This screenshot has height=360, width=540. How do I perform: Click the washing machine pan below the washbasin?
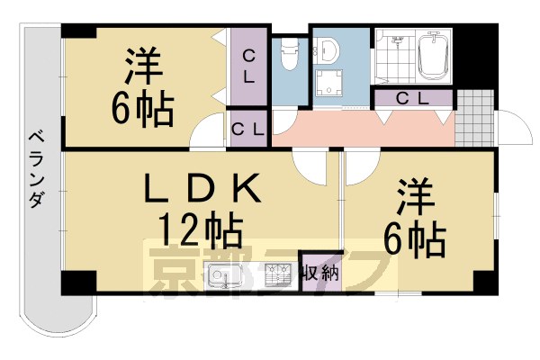tap(330, 84)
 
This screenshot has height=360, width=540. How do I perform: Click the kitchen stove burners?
tap(277, 274)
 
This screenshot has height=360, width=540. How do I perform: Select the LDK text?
tap(203, 189)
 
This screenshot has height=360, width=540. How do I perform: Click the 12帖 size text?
tap(202, 230)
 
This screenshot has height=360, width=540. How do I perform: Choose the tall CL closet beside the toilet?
tap(248, 67)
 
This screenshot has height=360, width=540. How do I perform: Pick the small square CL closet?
tap(247, 129)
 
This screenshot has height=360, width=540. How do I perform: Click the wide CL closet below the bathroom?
tap(412, 97)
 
